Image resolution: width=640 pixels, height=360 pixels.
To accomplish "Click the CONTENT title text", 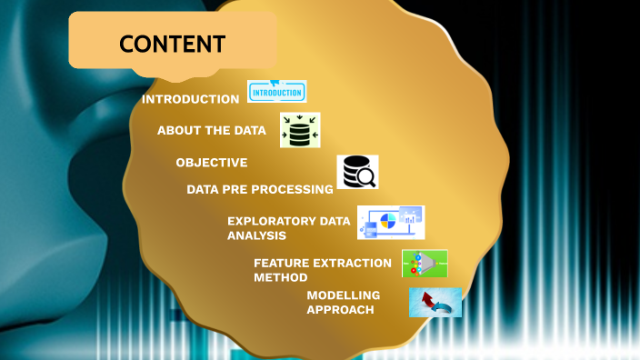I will click(x=172, y=43).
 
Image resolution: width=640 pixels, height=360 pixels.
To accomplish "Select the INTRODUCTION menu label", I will click(x=191, y=99).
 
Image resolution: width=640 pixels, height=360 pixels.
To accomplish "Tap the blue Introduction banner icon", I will click(x=277, y=92).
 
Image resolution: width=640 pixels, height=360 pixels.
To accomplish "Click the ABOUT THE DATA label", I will click(x=212, y=131).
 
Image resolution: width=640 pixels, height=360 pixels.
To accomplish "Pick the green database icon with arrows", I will click(x=300, y=130).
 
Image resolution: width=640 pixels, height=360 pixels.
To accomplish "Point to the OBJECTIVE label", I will click(x=212, y=163).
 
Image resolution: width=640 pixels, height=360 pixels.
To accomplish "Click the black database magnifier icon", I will click(x=357, y=172).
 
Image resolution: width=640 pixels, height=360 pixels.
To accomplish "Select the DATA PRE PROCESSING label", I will click(x=260, y=190).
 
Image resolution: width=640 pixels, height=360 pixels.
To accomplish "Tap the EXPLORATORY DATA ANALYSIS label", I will click(x=288, y=228).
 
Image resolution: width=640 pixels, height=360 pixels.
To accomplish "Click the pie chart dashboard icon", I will click(x=391, y=223).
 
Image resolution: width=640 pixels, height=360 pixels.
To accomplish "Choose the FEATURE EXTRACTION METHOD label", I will click(x=323, y=270).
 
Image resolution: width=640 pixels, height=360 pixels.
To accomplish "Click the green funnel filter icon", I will click(x=425, y=264).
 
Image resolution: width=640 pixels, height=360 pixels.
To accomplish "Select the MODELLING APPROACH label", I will click(x=343, y=303).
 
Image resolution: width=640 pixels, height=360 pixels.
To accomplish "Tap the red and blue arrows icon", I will click(x=435, y=303).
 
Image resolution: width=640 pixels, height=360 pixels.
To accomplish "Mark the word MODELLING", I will click(x=343, y=295).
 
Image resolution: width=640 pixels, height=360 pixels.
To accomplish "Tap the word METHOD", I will click(x=281, y=277).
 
